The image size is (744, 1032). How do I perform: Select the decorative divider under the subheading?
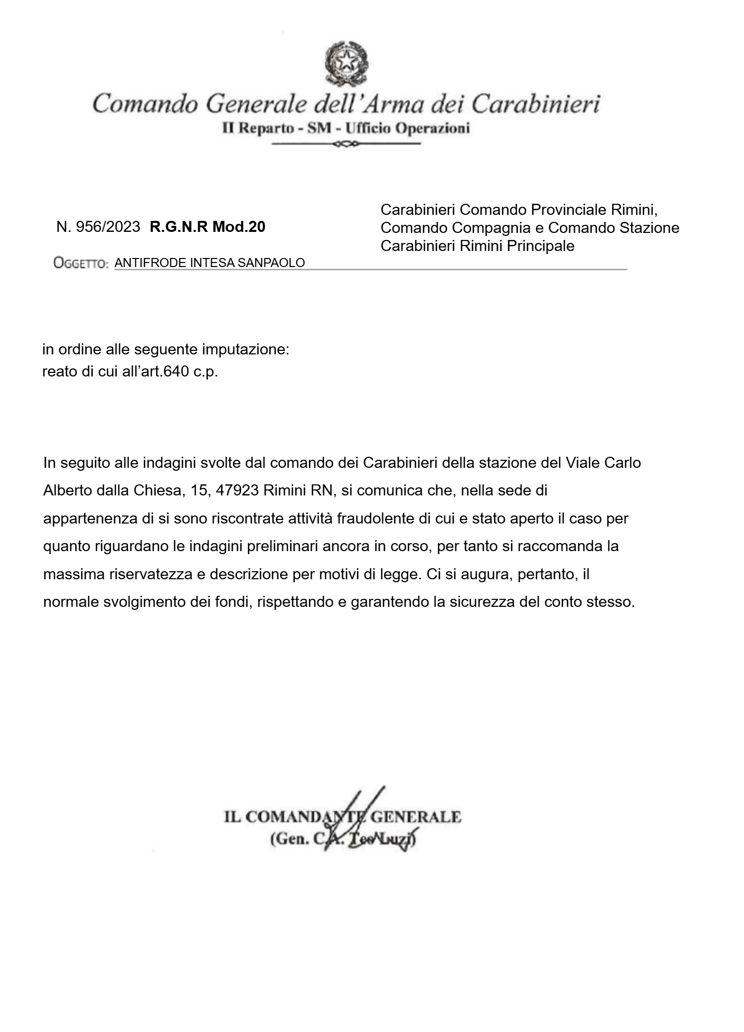point(346,145)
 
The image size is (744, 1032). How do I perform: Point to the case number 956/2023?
point(107,227)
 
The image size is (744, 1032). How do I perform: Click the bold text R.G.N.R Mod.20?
point(207,227)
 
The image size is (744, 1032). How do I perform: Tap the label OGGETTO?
point(80,263)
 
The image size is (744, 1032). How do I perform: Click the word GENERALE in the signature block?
point(415,817)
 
